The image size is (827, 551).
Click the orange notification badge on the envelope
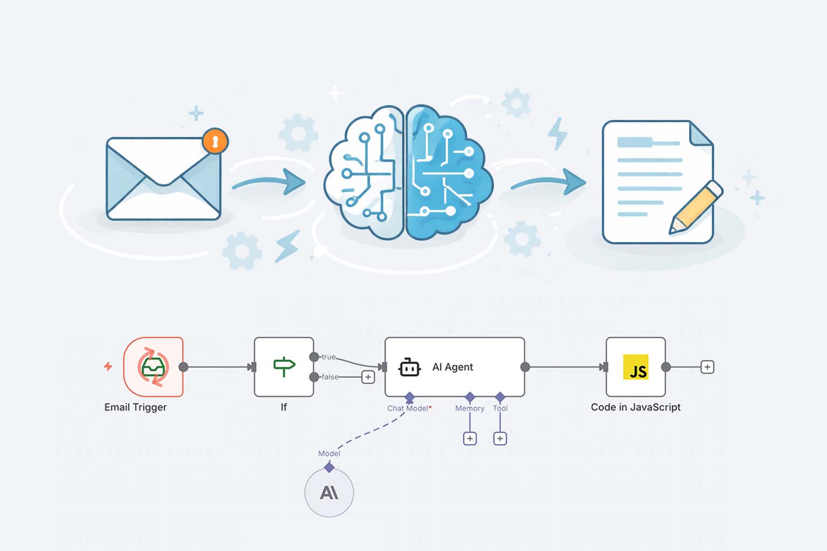215,142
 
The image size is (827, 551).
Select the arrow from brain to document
549,181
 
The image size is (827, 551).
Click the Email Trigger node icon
153,367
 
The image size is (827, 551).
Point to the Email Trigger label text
135,407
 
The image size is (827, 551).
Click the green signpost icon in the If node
284,366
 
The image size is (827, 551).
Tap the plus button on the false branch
368,377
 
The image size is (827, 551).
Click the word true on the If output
328,357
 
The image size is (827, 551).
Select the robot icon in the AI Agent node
409,368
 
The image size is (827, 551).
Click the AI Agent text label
452,367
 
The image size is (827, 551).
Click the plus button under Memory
470,439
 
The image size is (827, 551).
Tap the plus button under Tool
500,439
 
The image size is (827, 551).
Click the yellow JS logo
636,367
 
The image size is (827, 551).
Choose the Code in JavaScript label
635,407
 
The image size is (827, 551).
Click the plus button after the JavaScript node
707,367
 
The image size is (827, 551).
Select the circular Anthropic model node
329,492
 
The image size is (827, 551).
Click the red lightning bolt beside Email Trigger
108,366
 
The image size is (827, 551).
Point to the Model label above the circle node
329,454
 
